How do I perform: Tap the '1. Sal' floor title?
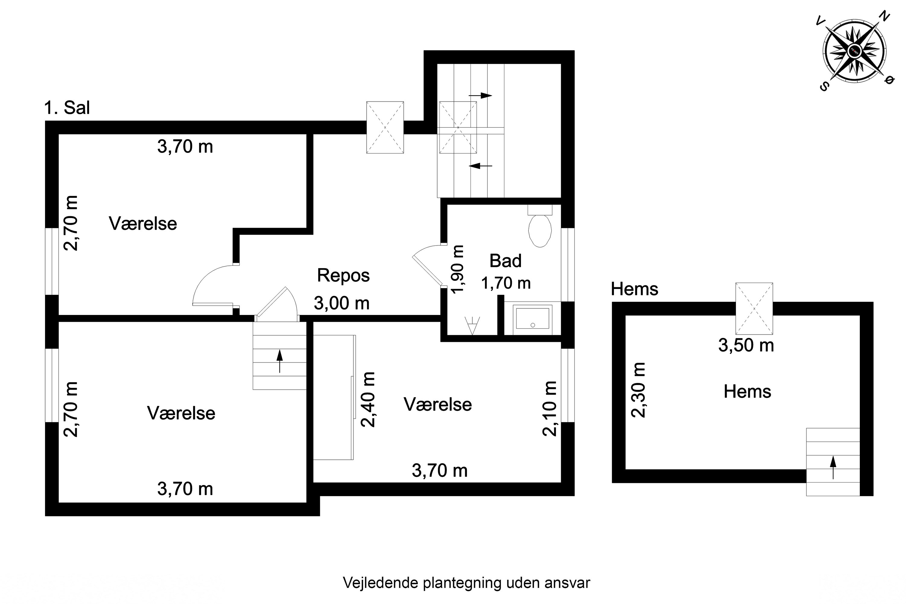67,108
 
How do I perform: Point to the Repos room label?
343,275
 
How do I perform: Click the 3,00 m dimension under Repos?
341,304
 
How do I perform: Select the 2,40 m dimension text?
368,400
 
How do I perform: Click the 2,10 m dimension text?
549,408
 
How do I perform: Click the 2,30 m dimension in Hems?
638,390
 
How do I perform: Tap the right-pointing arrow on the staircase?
480,95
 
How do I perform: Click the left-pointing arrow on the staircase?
480,166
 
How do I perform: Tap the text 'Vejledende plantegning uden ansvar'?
466,583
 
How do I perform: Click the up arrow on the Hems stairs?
833,467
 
